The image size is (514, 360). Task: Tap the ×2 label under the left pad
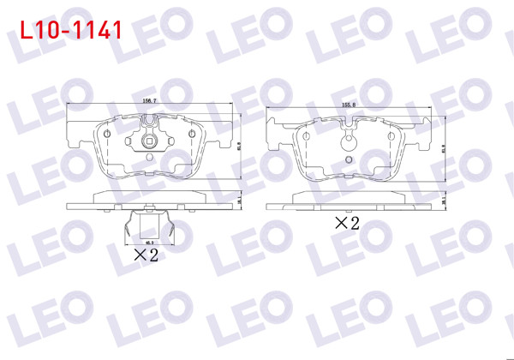coord(147,254)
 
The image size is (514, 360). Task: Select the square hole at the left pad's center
coord(150,142)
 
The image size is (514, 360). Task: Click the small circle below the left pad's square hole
coord(150,156)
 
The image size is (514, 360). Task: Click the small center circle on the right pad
coord(349,158)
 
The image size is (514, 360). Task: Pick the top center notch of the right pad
coord(349,131)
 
